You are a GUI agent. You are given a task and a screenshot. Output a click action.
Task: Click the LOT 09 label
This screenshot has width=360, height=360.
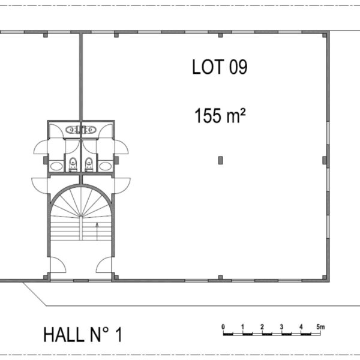pyautogui.click(x=220, y=67)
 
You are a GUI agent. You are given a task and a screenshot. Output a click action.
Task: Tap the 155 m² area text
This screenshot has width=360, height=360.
pyautogui.click(x=220, y=115)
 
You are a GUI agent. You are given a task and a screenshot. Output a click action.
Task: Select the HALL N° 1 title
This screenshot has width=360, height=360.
pyautogui.click(x=83, y=335)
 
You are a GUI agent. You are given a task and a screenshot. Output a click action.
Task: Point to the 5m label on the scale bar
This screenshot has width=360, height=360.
pyautogui.click(x=320, y=326)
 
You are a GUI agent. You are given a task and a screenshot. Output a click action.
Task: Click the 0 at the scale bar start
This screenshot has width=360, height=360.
pyautogui.click(x=223, y=327)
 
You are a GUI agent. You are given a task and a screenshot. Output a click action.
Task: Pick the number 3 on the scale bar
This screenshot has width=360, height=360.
pyautogui.click(x=281, y=327)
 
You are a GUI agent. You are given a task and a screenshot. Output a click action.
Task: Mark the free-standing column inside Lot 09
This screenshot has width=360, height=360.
pyautogui.click(x=220, y=160)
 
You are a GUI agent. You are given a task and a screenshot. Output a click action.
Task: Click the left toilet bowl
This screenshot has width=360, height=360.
pyautogui.click(x=73, y=164)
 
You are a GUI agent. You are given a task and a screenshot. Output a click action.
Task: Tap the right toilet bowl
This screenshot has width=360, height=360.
pyautogui.click(x=89, y=164)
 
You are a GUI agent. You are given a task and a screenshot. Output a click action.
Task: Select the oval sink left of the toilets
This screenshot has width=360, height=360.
pyautogui.click(x=56, y=166)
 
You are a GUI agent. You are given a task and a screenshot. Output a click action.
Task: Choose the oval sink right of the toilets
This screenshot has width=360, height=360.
pyautogui.click(x=106, y=166)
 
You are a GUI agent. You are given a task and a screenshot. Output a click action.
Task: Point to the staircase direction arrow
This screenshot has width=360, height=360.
pyautogui.click(x=97, y=231)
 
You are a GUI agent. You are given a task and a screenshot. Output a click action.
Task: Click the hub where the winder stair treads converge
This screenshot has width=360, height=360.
pyautogui.click(x=81, y=216)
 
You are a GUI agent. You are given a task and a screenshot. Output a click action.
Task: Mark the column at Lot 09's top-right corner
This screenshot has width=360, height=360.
pyautogui.click(x=325, y=35)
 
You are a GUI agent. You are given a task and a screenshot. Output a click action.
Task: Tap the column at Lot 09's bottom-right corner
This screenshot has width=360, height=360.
pyautogui.click(x=325, y=277)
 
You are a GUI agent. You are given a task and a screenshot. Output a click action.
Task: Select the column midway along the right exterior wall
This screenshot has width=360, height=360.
pyautogui.click(x=325, y=160)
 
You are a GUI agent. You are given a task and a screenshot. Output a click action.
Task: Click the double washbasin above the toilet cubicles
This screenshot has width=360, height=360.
pyautogui.click(x=81, y=130)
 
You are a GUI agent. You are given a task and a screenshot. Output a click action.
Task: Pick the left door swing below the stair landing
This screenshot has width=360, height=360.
pyautogui.click(x=58, y=265)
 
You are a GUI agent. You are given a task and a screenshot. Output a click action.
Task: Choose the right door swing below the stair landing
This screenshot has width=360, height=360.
pyautogui.click(x=104, y=265)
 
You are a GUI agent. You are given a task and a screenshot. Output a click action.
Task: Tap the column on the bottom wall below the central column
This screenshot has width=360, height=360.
pyautogui.click(x=220, y=277)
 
